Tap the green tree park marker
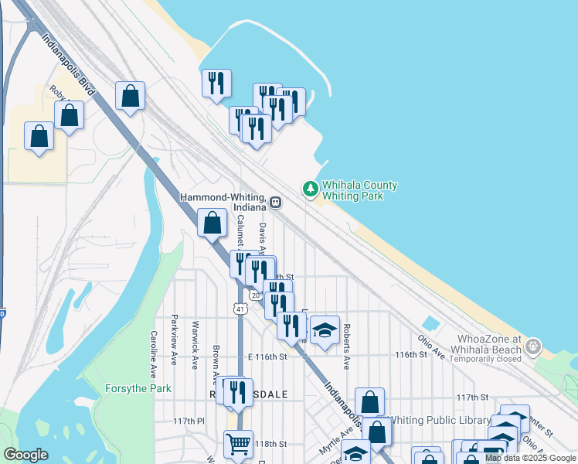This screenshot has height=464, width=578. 310,188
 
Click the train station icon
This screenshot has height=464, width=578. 276,204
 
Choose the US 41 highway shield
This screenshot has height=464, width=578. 241,309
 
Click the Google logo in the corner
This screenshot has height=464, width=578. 25,455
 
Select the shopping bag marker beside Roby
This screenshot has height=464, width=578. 69,117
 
